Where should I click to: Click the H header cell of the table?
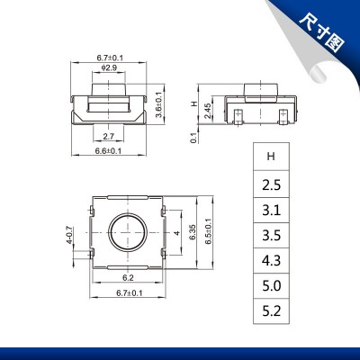[x=271, y=156]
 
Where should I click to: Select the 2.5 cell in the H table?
[x=271, y=184]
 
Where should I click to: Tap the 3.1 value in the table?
[x=271, y=212]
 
